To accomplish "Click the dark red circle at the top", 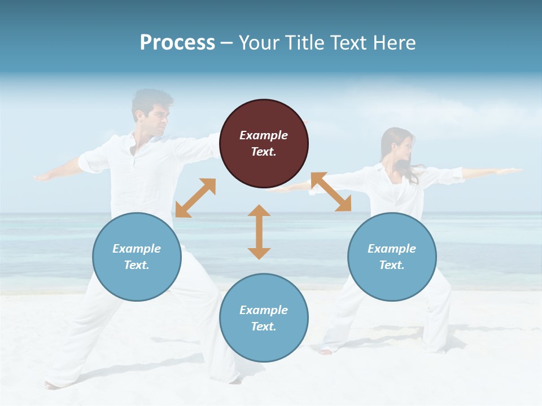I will click(x=264, y=144).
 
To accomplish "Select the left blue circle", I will click(x=137, y=257).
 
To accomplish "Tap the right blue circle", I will click(x=392, y=257).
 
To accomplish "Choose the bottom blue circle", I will click(x=264, y=318).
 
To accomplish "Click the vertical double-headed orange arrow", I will click(x=259, y=232).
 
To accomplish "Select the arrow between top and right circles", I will click(x=331, y=192).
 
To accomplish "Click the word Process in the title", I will click(x=177, y=43).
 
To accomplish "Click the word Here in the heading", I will click(x=394, y=43).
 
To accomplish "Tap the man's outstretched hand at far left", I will click(x=42, y=177).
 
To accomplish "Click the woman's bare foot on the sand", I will click(x=326, y=352).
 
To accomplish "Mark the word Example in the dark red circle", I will click(x=264, y=135).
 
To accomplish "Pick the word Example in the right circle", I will click(x=392, y=249).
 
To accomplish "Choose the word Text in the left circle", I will click(x=136, y=265).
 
